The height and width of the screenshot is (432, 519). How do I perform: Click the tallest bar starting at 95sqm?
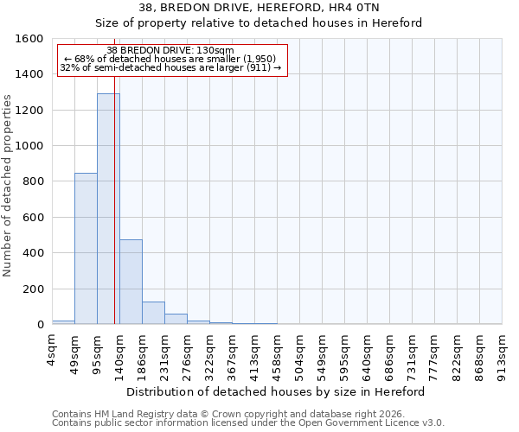coord(107,208)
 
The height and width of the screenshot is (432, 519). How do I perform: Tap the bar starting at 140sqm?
coord(131,282)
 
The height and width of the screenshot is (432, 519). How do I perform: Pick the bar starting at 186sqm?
coord(153,313)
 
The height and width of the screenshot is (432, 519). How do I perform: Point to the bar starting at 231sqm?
coord(176,319)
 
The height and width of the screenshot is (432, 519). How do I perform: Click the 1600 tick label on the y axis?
coord(30,39)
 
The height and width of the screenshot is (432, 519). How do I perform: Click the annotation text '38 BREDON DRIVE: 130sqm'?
coord(170,51)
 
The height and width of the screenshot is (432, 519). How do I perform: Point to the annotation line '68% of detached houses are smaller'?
coord(170,59)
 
